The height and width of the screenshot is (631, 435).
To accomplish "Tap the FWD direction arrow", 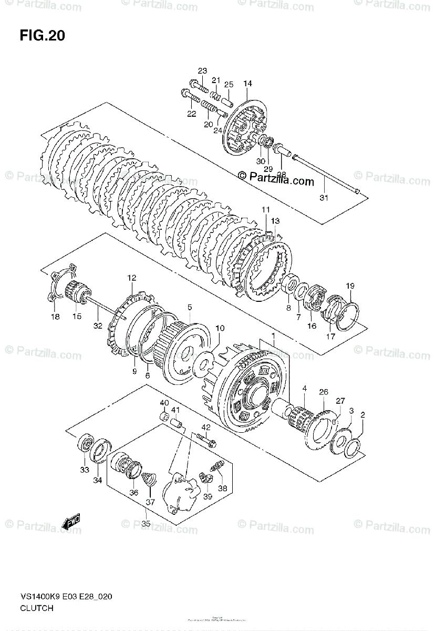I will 71,522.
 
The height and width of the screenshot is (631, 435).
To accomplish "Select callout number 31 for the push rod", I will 324,198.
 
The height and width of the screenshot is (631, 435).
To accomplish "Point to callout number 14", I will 247,84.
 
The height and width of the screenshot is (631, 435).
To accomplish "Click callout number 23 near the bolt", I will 202,71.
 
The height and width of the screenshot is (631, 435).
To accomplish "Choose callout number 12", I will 131,278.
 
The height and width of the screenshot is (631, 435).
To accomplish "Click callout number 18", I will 55,317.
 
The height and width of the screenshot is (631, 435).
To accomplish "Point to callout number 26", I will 323,392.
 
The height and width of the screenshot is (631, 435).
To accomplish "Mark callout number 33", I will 85,470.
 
